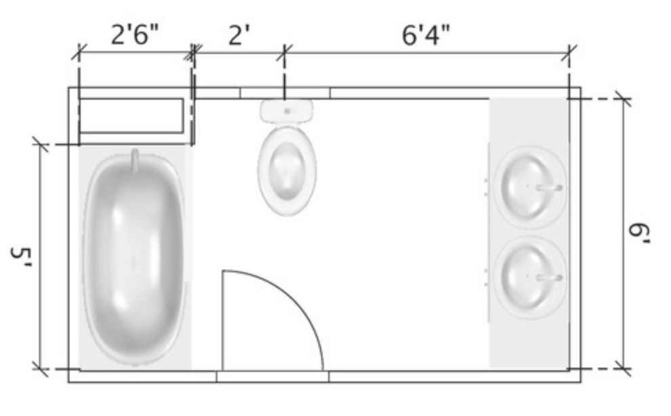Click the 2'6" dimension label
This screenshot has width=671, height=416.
[x=134, y=35]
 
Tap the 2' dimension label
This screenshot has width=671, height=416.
[x=239, y=35]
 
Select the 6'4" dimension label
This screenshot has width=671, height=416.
[x=426, y=35]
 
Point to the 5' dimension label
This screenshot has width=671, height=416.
[x=22, y=257]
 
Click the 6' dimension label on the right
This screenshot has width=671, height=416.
[x=639, y=234]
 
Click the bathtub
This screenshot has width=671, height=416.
[x=135, y=257]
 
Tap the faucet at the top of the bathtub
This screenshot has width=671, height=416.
[x=135, y=161]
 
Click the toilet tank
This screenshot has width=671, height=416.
[x=287, y=111]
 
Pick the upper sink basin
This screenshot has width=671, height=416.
[x=530, y=187]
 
